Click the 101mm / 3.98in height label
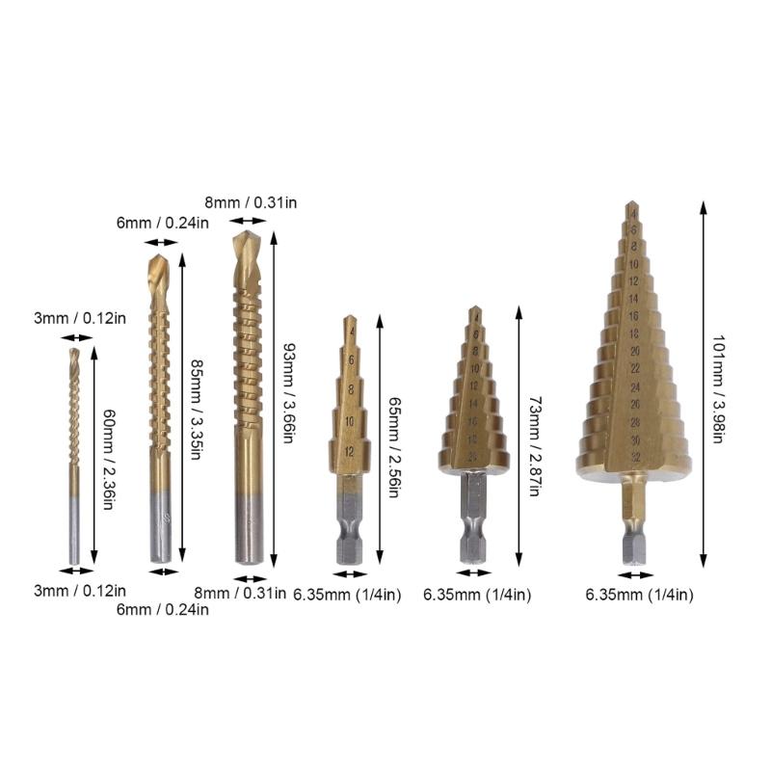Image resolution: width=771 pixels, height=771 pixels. [718, 387]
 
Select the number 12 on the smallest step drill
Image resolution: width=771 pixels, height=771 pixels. [350, 450]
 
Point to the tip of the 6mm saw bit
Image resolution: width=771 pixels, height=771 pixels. [160, 260]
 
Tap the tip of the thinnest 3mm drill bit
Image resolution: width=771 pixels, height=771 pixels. [74, 352]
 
